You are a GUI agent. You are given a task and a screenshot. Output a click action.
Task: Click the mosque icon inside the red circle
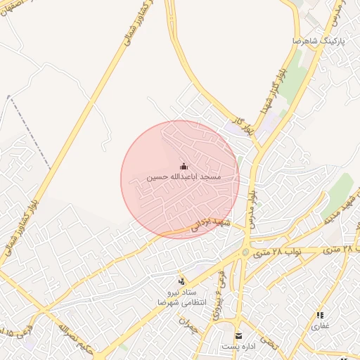pyautogui.click(x=184, y=166)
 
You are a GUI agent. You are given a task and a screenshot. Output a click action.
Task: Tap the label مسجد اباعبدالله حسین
pyautogui.click(x=184, y=177)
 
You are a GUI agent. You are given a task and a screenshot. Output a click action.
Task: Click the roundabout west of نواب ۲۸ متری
pyautogui.click(x=245, y=251)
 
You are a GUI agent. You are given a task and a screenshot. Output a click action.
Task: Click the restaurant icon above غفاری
pyautogui.click(x=321, y=316)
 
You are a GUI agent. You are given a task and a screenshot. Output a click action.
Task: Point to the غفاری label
pyautogui.click(x=321, y=326)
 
